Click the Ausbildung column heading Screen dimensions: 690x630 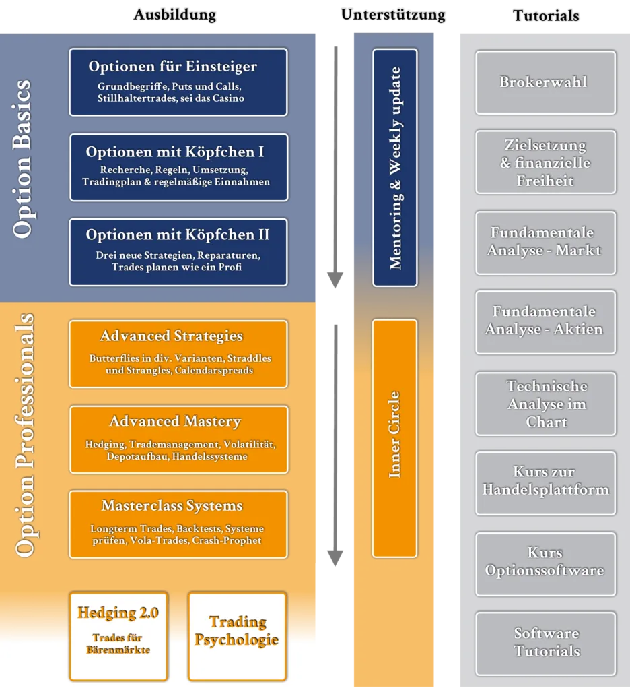point(175,14)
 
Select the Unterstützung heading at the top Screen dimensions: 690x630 point(393,14)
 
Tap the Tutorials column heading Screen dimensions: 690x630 point(545,15)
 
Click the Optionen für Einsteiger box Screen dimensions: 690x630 point(178,82)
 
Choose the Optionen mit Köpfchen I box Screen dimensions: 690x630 point(178,167)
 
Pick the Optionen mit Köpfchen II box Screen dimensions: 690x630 point(178,251)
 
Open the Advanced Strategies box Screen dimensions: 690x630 point(178,354)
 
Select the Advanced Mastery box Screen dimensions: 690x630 point(178,439)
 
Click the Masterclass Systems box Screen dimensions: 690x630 point(178,524)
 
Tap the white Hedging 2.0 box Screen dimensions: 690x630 point(118,635)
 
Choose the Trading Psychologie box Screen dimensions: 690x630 point(237,635)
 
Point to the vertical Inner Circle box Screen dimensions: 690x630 point(395,438)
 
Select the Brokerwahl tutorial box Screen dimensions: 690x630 point(545,82)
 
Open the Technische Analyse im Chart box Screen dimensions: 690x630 point(545,404)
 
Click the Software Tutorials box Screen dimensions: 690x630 point(545,643)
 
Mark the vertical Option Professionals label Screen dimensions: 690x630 point(24,435)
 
